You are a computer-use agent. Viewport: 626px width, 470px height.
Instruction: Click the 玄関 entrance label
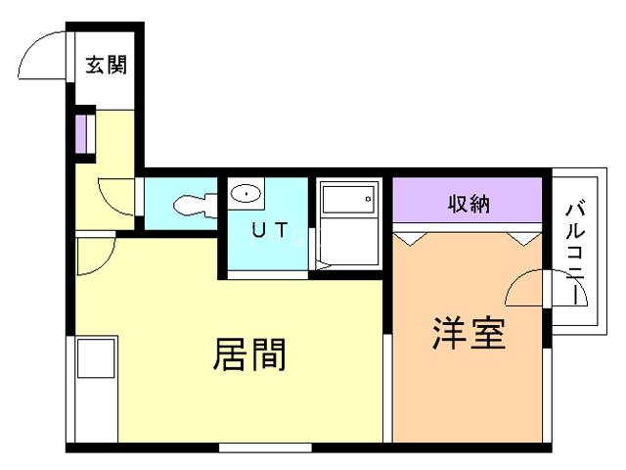pyautogui.click(x=107, y=66)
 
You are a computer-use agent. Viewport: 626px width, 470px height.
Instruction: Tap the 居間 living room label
pyautogui.click(x=249, y=354)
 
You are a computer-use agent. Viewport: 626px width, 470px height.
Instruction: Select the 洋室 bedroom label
pyautogui.click(x=469, y=334)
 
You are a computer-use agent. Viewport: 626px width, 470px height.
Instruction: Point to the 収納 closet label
pyautogui.click(x=469, y=205)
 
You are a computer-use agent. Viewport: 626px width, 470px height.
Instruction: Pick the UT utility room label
pyautogui.click(x=270, y=231)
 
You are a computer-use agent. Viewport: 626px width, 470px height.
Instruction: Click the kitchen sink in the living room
pyautogui.click(x=95, y=358)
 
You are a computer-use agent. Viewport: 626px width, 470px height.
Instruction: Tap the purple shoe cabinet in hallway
pyautogui.click(x=82, y=134)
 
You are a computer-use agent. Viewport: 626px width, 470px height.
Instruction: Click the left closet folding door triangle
pyautogui.click(x=411, y=237)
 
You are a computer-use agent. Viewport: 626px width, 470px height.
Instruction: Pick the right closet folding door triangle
pyautogui.click(x=526, y=237)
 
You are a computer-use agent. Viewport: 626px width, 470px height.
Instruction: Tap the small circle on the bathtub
pyautogui.click(x=368, y=199)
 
